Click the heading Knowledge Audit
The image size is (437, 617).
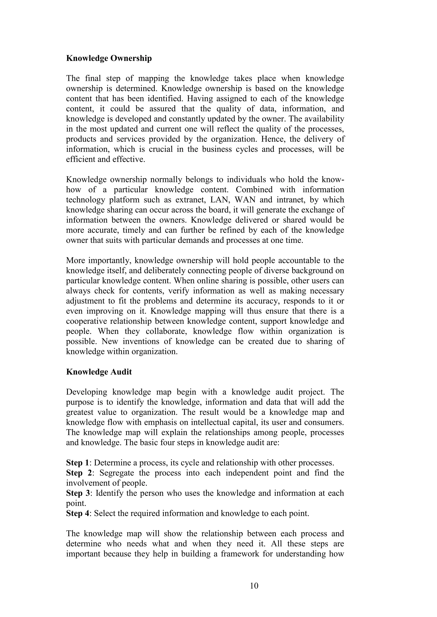(99, 372)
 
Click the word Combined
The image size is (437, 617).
(254, 190)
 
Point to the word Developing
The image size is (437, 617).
(86, 392)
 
